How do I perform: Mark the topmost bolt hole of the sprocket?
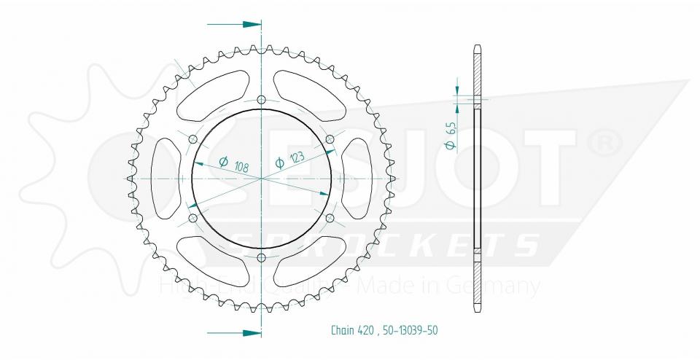point(262,100)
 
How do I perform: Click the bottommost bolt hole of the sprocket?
point(262,257)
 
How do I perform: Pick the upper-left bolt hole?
point(193,139)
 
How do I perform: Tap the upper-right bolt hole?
point(330,139)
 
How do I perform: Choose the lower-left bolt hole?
point(193,217)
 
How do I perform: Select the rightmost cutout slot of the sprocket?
point(357,178)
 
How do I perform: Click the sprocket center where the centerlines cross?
point(262,178)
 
